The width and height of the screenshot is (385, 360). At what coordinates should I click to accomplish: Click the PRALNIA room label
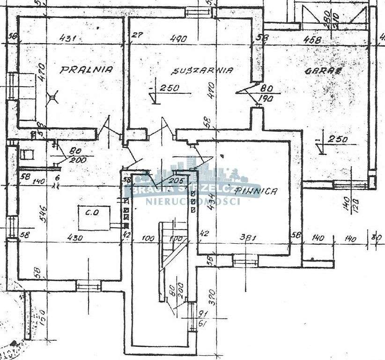(x=87, y=70)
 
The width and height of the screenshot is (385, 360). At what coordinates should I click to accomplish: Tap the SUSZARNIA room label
(x=202, y=71)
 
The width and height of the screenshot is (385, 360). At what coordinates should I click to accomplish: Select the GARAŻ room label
(x=323, y=71)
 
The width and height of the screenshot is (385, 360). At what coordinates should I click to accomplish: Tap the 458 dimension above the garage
(x=312, y=40)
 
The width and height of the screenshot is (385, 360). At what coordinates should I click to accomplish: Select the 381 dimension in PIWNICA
(x=247, y=238)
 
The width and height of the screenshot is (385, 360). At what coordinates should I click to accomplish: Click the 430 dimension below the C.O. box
(x=75, y=238)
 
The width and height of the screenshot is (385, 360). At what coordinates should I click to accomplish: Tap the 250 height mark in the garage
(x=337, y=139)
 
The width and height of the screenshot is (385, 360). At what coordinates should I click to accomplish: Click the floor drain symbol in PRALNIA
(x=52, y=97)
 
